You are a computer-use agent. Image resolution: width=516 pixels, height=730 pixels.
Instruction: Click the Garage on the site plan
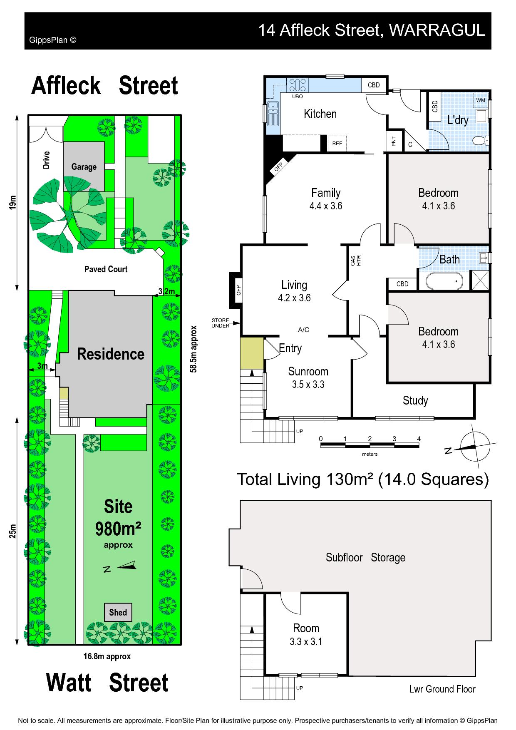(84, 166)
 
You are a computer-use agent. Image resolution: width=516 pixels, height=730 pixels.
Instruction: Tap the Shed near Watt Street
(118, 612)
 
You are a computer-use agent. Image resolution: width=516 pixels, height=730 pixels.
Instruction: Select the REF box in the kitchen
(337, 144)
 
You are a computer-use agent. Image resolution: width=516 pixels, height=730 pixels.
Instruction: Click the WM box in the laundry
(481, 100)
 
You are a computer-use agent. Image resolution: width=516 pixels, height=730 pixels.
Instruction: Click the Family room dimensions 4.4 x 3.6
(326, 206)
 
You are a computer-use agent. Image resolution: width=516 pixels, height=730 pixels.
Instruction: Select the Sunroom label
(308, 371)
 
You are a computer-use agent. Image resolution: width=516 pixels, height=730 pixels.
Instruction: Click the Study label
(415, 400)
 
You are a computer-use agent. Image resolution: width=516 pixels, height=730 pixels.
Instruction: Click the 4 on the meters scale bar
(419, 439)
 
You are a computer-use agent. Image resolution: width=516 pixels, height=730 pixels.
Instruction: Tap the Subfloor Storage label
(365, 557)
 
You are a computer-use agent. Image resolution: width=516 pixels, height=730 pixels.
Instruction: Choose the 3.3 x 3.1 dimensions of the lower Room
(306, 642)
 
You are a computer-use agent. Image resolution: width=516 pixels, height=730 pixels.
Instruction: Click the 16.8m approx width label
(107, 656)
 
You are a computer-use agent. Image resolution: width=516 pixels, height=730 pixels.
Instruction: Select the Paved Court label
(106, 269)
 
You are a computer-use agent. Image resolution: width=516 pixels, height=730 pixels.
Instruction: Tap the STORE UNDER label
(220, 323)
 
